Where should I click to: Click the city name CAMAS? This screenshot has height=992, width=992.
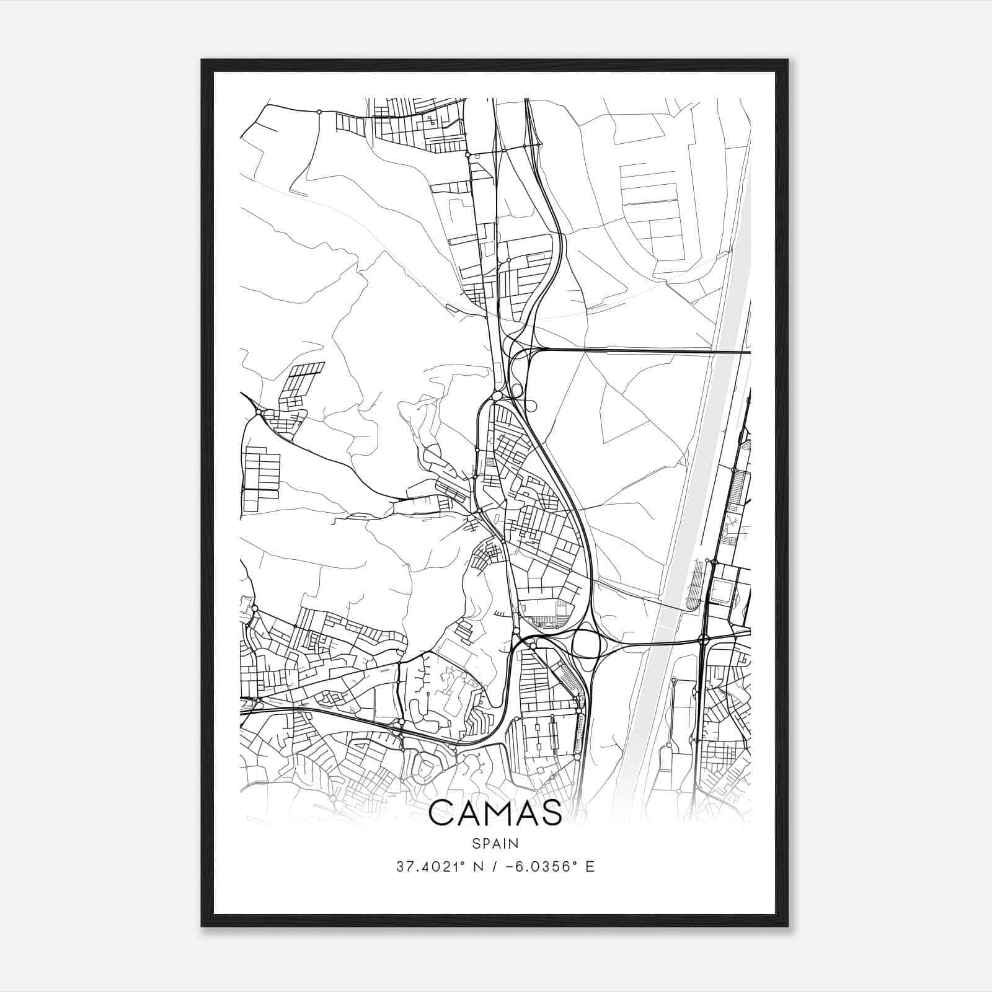tap(495, 813)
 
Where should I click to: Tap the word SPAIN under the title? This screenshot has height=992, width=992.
tap(495, 843)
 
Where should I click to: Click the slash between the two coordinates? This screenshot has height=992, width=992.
tap(493, 867)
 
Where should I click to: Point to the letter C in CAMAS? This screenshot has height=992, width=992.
tap(442, 813)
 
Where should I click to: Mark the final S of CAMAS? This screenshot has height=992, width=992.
tap(551, 813)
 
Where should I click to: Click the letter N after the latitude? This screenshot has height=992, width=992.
tap(477, 867)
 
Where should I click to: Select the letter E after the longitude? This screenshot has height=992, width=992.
tap(590, 867)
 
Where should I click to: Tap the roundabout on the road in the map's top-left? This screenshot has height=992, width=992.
tap(319, 112)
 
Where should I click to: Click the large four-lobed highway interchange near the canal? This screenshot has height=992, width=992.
tap(586, 644)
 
